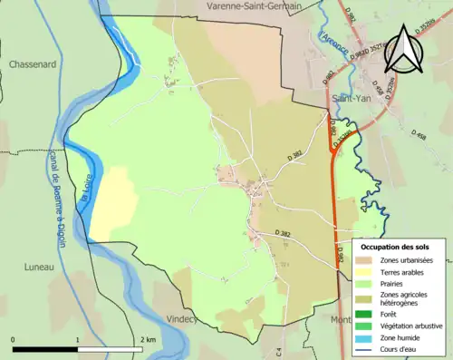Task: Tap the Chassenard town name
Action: (33, 65)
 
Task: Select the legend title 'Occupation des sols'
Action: (395, 247)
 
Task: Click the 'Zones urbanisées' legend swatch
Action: (365, 260)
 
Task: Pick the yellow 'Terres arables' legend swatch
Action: (365, 271)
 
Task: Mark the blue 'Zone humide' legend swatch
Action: (365, 336)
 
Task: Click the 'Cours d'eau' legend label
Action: (403, 347)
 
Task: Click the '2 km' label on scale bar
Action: (147, 339)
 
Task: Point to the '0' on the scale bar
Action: (14, 339)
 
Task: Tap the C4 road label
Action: (279, 350)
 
